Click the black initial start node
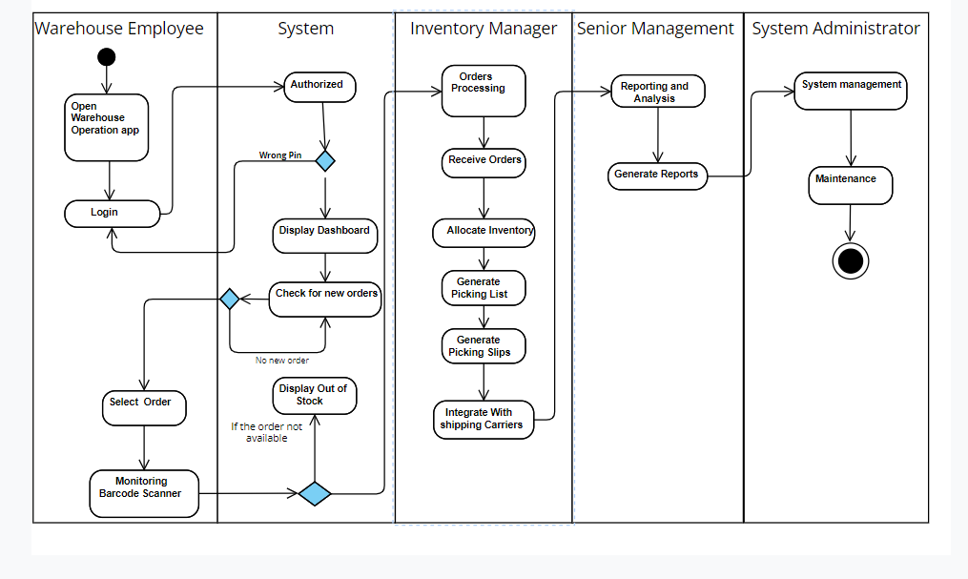coord(107,56)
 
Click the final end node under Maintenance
coord(851,260)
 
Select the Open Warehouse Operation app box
coord(107,127)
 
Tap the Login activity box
coord(112,213)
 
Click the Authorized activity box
coord(319,86)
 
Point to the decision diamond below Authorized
coord(325,160)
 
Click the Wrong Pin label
coord(280,155)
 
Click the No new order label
coord(282,361)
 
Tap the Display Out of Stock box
coord(315,395)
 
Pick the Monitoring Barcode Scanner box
coord(144,493)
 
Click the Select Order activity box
coord(144,406)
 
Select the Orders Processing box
coord(484,91)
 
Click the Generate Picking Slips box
coord(484,346)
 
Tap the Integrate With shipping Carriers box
coord(484,420)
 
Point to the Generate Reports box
coord(658,176)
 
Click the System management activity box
coord(851,90)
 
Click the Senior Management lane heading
coord(656,29)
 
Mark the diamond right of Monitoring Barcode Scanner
coord(315,493)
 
